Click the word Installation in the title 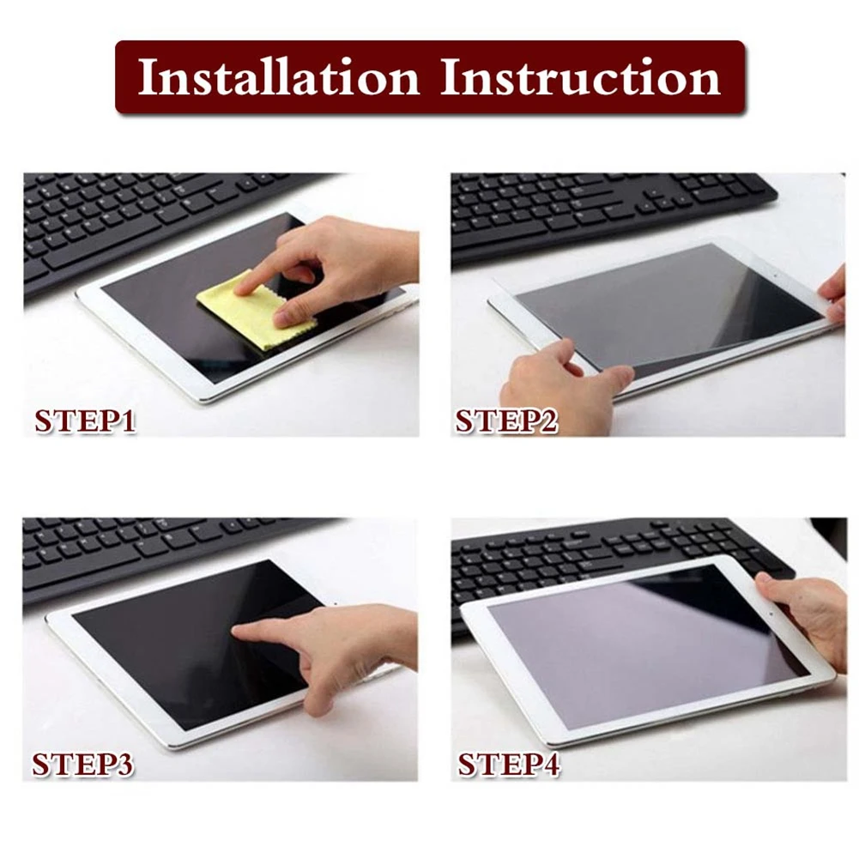click(x=278, y=78)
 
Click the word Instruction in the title click(x=580, y=78)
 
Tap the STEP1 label click(x=85, y=421)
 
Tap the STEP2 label click(x=506, y=421)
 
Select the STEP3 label click(x=83, y=764)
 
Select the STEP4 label click(x=508, y=764)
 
